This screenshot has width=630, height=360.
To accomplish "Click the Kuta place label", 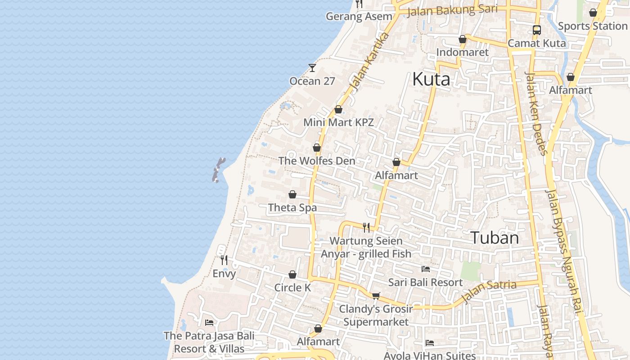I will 431,80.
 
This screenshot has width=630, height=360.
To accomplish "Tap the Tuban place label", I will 495,238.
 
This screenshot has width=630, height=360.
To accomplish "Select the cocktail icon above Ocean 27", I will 312,68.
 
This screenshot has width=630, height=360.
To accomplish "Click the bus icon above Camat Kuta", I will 536,30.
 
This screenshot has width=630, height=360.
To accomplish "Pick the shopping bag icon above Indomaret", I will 462,39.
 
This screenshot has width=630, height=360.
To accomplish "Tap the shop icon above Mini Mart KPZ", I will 338,109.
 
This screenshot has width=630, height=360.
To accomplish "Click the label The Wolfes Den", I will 316,161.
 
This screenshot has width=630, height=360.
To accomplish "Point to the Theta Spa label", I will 292,207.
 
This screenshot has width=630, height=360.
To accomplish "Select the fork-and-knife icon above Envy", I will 224,260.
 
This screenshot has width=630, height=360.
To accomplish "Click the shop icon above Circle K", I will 292,274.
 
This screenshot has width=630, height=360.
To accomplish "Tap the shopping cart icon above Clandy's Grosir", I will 376,296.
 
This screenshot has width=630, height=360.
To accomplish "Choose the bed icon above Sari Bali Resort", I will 425,269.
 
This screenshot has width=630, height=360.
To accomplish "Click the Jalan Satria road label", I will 489,291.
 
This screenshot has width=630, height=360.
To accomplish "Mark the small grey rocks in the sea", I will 218,170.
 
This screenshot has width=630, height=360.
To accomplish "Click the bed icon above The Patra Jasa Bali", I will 209,322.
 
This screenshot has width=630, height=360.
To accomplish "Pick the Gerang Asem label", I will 359,17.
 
